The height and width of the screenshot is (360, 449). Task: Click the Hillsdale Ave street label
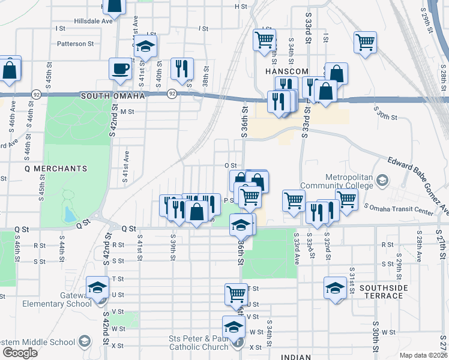[93, 20]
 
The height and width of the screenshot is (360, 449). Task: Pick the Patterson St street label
[76, 43]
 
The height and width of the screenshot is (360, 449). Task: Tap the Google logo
[20, 353]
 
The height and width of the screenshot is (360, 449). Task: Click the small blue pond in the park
[70, 215]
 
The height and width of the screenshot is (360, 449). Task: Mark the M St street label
[127, 112]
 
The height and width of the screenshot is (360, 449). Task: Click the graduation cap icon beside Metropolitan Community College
[382, 179]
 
